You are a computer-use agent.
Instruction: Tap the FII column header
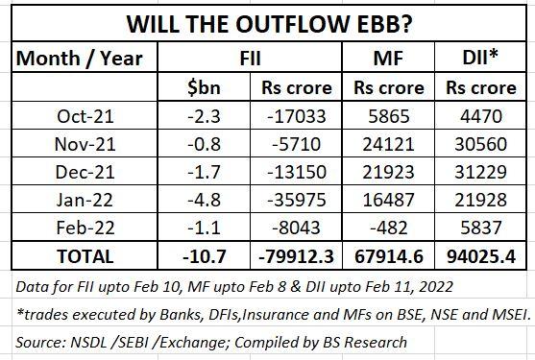click(253, 59)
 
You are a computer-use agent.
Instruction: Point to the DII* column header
click(481, 59)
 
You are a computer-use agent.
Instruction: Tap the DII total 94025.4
click(480, 256)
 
